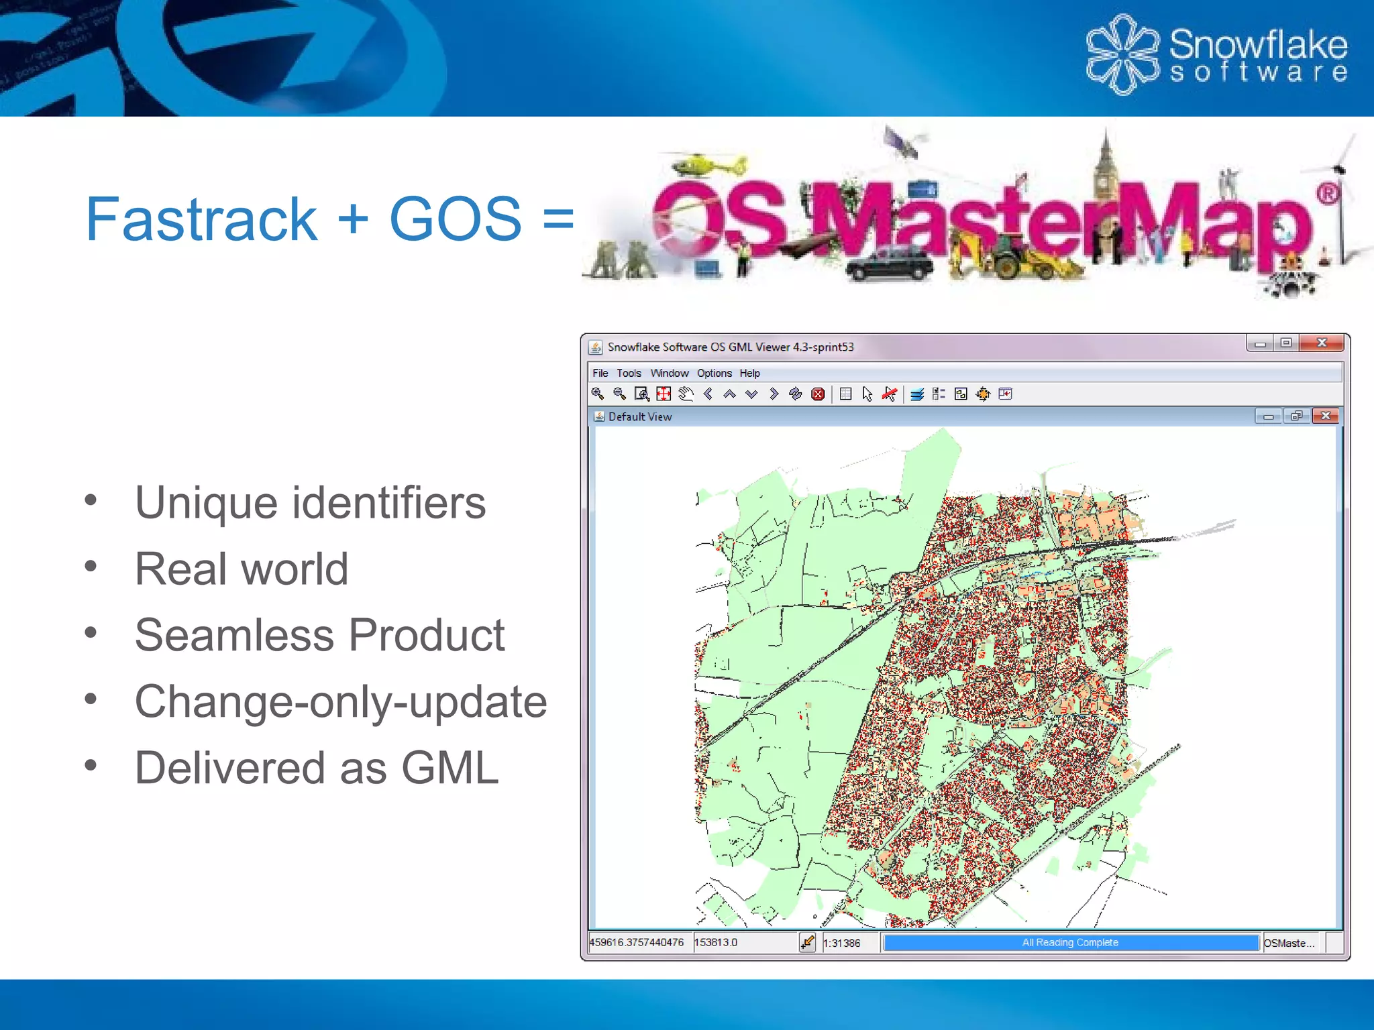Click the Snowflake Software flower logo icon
[x=1122, y=54]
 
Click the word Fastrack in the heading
[x=201, y=219]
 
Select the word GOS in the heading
[x=455, y=219]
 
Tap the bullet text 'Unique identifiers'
[x=310, y=503]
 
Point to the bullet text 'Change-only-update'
[x=341, y=702]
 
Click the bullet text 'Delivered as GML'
[x=317, y=768]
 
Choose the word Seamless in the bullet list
[x=234, y=635]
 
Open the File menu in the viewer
[x=600, y=374]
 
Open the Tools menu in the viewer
[x=629, y=374]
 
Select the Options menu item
[x=714, y=374]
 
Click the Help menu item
[x=749, y=374]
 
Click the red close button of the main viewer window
[x=1321, y=343]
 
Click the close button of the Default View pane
[x=1326, y=416]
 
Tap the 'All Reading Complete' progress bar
[x=1070, y=943]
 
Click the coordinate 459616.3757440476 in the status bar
[x=637, y=943]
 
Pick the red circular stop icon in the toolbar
[x=818, y=394]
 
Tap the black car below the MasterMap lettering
[x=889, y=263]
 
